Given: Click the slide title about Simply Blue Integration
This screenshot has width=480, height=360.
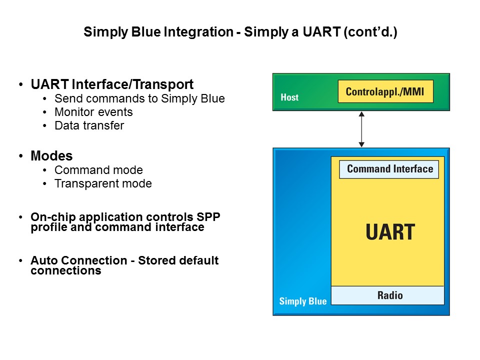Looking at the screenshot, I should pos(240,32).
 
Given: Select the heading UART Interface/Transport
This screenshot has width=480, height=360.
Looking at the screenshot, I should pos(112,84).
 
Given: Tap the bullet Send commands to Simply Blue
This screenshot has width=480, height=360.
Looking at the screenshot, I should pos(139,98).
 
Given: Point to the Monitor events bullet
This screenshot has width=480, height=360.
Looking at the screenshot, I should pos(93,112).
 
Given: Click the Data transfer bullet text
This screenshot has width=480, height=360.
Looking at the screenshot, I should pos(89,125).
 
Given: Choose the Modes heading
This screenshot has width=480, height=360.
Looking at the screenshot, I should pos(51,156).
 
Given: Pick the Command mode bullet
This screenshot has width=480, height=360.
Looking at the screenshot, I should pos(98,170).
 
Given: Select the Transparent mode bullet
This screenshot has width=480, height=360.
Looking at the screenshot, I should pos(103,183).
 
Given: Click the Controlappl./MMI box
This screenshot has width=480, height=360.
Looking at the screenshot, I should pos(385,92).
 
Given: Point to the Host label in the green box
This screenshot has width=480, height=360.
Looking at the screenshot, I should pos(289,97).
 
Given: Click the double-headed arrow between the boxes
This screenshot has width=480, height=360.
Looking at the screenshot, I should pos(361,129).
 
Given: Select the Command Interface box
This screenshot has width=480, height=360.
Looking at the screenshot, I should pos(389,169).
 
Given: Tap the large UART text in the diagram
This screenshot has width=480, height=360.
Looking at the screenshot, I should pos(390,232).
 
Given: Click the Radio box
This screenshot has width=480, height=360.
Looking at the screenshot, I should pos(389,295).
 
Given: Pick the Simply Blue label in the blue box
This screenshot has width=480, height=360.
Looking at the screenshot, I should pos(302,301).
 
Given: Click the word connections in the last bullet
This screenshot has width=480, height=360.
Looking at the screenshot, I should pos(65,271).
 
